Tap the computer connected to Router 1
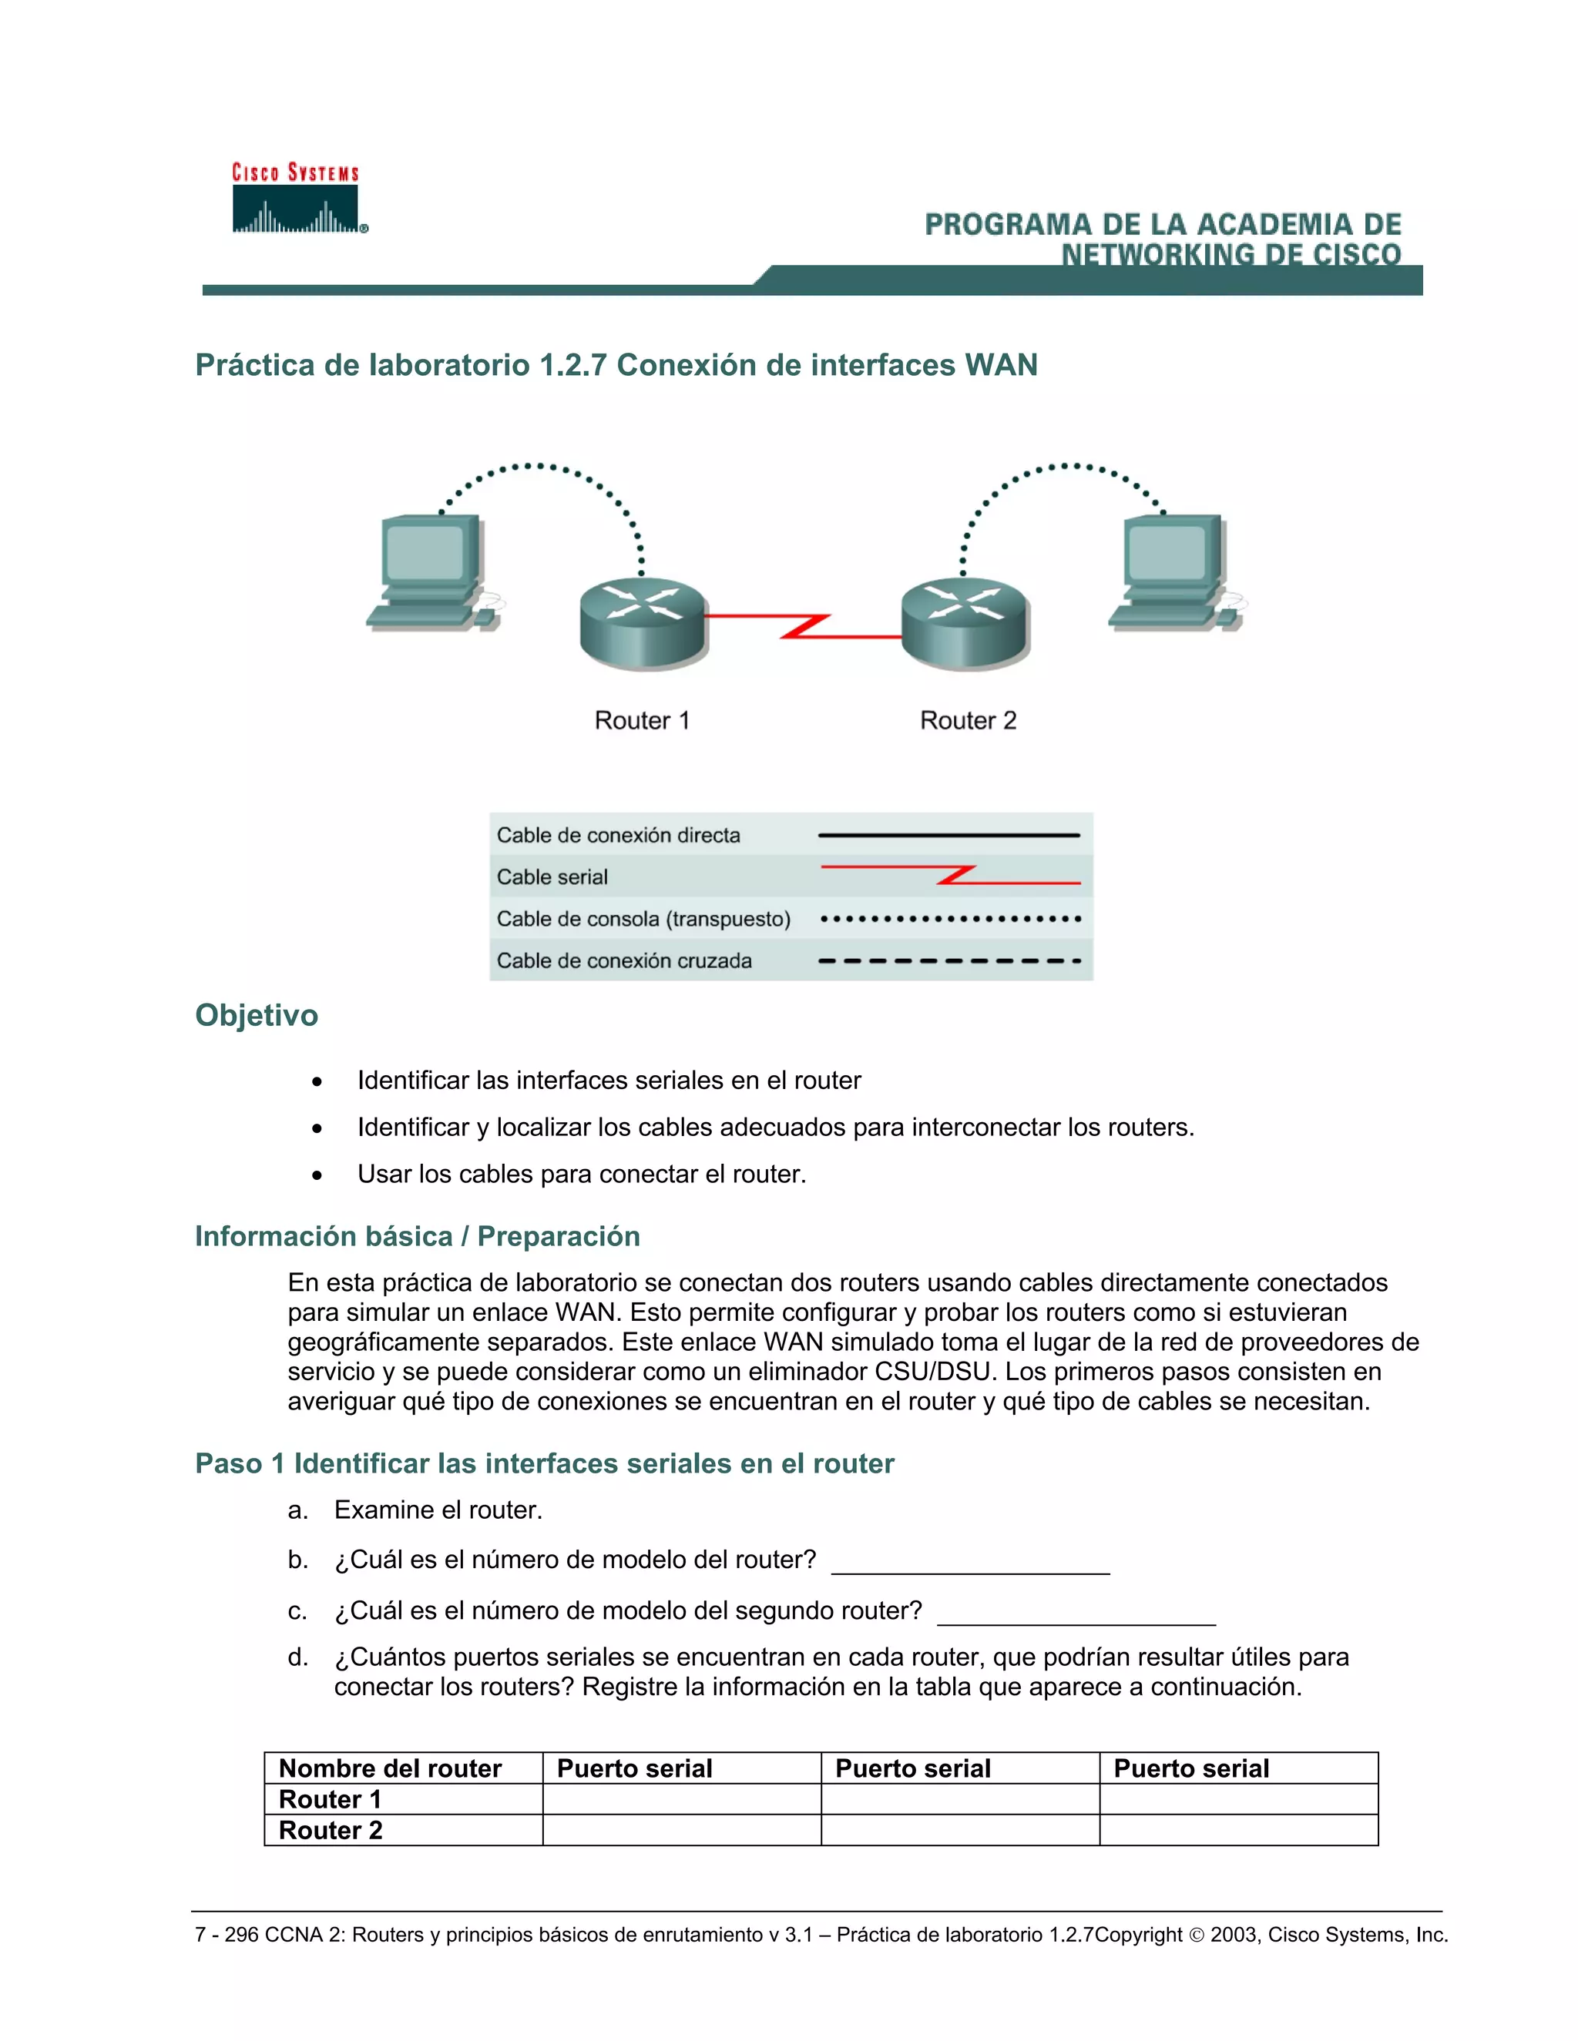point(432,572)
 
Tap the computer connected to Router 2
point(1175,572)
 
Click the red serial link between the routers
point(804,626)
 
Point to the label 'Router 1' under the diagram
point(643,721)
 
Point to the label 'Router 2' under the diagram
point(968,721)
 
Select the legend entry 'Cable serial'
point(552,876)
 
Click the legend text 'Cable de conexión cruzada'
point(623,960)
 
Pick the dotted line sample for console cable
point(950,919)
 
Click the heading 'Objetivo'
point(256,1015)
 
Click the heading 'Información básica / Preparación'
point(417,1235)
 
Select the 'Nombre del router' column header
point(391,1768)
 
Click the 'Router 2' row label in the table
point(331,1830)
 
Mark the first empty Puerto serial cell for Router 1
point(681,1799)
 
